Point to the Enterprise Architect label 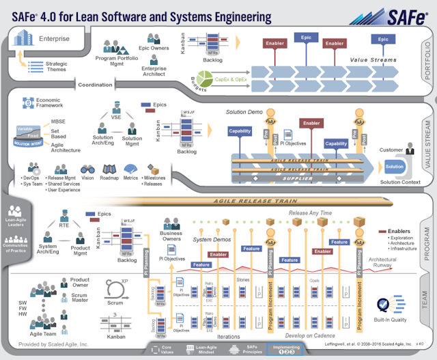coord(154,71)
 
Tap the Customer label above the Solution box coord(391,150)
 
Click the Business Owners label coord(171,236)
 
